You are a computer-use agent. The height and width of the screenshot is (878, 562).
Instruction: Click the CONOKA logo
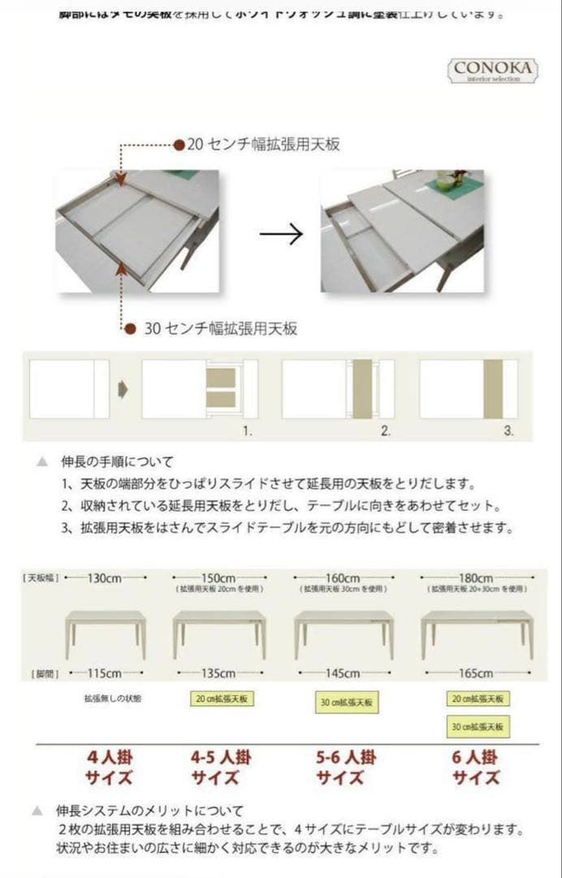[494, 70]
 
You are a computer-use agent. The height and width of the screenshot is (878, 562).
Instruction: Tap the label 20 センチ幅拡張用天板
[263, 145]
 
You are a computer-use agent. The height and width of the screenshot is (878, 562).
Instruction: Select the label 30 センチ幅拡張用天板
[220, 328]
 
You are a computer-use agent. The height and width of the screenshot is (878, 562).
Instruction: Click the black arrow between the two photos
[281, 235]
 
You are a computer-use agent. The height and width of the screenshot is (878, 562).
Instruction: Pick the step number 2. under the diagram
[386, 432]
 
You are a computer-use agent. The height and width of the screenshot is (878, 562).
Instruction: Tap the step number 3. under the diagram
[508, 432]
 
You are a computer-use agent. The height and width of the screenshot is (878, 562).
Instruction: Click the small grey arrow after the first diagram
[123, 389]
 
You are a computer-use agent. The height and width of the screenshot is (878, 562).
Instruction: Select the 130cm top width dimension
[105, 578]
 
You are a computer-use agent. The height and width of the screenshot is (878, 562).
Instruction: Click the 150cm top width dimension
[218, 578]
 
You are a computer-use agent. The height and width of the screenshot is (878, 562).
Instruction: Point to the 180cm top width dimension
[476, 578]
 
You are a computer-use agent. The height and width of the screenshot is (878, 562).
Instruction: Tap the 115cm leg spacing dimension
[105, 673]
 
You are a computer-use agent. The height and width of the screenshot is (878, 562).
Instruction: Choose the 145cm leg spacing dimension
[343, 673]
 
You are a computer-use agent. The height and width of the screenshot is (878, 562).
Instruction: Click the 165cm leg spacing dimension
[476, 673]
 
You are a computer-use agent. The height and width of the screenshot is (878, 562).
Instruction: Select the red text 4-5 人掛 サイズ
[221, 767]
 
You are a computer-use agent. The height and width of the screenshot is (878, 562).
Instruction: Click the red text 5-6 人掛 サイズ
[346, 767]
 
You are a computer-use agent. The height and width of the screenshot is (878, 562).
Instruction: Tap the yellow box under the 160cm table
[347, 702]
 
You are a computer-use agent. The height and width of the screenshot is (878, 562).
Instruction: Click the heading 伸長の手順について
[117, 462]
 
